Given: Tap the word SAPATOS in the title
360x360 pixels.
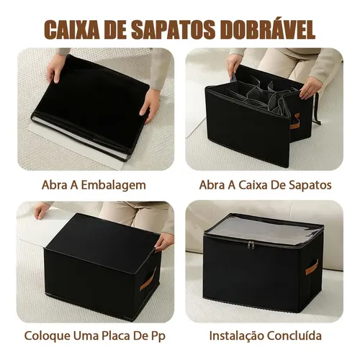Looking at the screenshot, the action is pos(173,30).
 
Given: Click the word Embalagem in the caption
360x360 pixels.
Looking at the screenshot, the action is pos(113,186).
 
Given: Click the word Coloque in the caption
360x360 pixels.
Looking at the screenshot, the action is pos(47,336).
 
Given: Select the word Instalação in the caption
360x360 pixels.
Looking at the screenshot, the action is pos(236,336).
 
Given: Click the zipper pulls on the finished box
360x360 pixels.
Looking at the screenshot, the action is pos(251,246).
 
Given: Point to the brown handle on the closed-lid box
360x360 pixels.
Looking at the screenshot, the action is pos(148,279).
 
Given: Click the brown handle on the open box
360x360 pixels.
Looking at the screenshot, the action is pos(294,121).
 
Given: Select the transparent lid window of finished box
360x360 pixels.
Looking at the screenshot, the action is pos(264,229).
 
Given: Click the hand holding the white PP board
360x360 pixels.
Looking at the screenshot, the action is pos(42,210).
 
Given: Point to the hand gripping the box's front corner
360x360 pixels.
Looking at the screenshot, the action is pos(164,243).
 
